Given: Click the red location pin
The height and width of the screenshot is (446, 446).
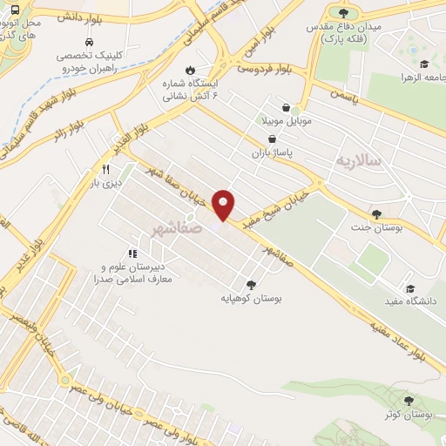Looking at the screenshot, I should tap(225, 204).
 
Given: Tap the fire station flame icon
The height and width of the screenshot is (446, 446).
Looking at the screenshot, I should tap(190, 70).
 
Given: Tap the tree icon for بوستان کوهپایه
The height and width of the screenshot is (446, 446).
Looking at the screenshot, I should tap(252, 284).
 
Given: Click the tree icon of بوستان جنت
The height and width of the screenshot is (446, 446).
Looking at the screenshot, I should tap(376, 214).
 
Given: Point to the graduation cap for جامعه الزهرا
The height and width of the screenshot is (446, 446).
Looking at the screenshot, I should tap(424, 64).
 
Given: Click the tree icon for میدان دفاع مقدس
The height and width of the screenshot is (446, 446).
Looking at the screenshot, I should tap(344, 12).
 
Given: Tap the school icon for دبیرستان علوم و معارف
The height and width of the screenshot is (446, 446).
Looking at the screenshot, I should tap(133, 253).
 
